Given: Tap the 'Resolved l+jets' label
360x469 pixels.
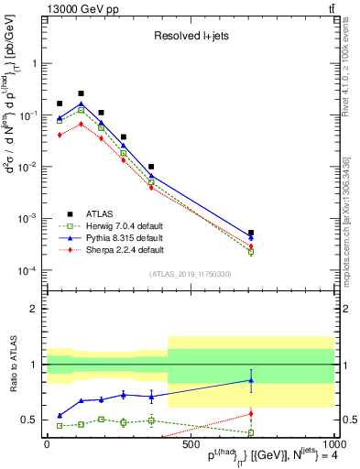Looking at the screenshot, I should [190, 37].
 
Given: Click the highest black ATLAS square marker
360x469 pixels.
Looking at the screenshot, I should [82, 93].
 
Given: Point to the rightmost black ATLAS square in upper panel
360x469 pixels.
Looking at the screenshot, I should [251, 233].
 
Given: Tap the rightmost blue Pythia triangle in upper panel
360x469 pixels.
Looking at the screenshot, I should [251, 238].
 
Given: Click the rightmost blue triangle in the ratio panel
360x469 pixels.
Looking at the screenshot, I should [251, 380].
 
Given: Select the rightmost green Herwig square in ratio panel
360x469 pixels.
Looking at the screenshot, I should [251, 432].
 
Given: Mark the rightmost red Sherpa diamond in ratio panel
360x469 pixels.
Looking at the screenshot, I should [251, 414].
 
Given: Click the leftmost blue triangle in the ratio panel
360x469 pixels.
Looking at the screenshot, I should [60, 415].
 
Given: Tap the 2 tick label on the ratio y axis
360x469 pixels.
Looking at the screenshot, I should [34, 310].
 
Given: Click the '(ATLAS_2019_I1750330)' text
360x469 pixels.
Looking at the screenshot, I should [191, 274].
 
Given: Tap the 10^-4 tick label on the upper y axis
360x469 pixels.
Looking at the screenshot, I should [25, 271].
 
